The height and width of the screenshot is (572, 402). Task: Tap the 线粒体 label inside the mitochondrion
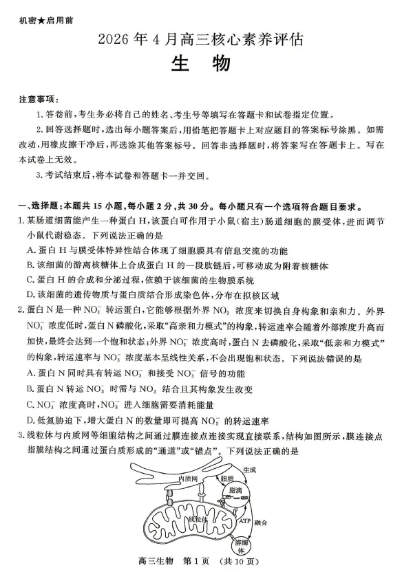coord(195,518)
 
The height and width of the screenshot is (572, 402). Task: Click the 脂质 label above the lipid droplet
coord(227,477)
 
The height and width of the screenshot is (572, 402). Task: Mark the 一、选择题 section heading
coord(41,207)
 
